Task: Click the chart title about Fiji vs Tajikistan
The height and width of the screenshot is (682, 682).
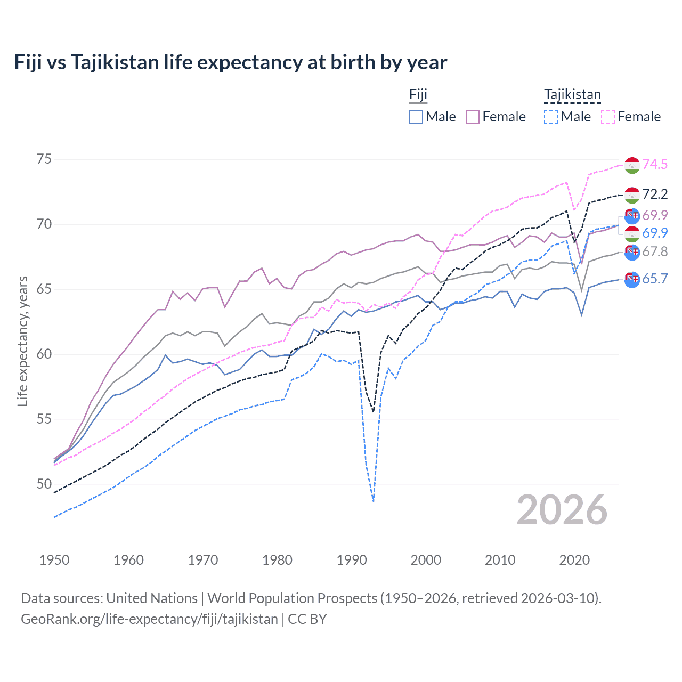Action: [230, 62]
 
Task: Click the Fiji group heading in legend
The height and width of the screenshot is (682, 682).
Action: [418, 95]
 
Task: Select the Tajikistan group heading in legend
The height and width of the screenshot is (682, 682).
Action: [572, 95]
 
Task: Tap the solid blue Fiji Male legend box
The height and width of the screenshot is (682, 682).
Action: [416, 117]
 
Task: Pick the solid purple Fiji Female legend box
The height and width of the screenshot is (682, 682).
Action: [473, 117]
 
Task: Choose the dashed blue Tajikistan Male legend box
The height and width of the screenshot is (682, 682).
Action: [551, 117]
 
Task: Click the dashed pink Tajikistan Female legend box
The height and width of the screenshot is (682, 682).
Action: [608, 117]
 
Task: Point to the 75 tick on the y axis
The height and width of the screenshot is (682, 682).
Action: [44, 159]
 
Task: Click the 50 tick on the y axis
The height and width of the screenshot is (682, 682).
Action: [44, 484]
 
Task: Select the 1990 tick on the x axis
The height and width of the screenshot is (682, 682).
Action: [352, 560]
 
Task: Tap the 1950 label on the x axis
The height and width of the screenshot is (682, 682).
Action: [54, 560]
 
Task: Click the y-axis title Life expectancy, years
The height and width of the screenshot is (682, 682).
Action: [22, 341]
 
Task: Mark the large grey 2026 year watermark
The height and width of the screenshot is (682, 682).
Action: [562, 510]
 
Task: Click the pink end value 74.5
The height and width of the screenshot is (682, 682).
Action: [655, 165]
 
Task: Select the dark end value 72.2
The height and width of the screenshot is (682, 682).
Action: [655, 194]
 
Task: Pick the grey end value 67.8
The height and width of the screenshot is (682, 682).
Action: [655, 251]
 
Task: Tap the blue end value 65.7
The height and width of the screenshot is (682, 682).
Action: [655, 279]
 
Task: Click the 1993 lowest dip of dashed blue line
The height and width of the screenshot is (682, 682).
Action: [374, 501]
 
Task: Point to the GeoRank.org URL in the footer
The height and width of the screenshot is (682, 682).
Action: [149, 619]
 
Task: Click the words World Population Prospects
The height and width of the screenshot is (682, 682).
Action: [292, 598]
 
